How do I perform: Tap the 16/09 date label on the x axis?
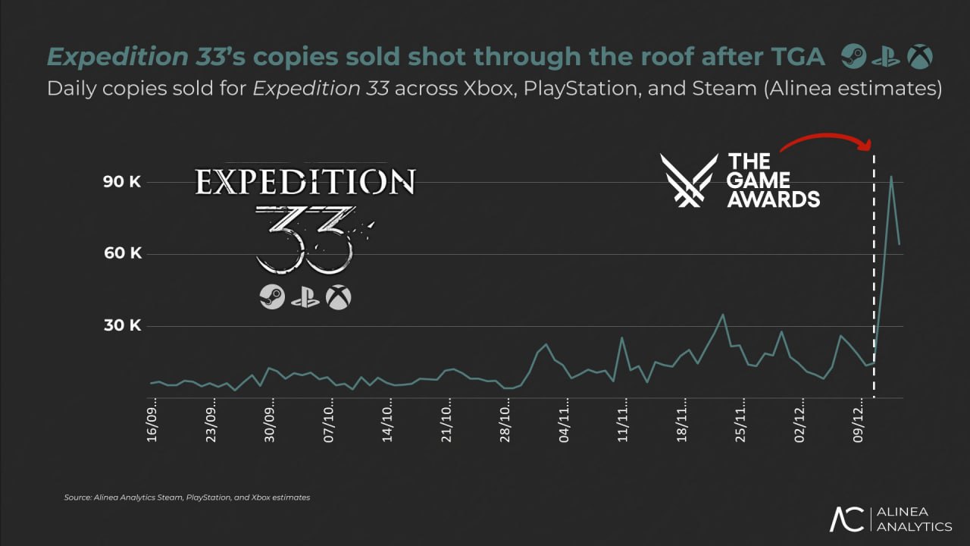152,423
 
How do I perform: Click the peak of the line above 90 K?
891,177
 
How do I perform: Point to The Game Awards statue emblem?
688,180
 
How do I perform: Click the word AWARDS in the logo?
773,199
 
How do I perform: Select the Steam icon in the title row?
853,57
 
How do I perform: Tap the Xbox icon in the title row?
921,57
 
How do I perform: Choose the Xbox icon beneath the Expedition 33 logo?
338,297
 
